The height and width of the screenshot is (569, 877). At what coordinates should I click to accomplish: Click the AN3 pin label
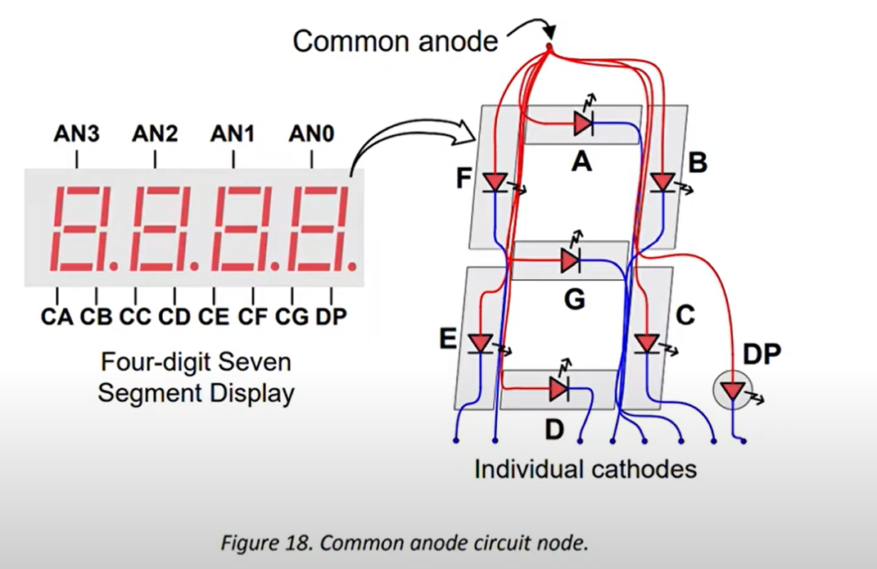(77, 133)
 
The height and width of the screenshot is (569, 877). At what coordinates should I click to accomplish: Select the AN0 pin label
(311, 133)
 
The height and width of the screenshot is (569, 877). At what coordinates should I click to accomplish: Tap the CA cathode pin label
(57, 315)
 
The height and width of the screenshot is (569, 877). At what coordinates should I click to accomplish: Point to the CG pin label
(292, 315)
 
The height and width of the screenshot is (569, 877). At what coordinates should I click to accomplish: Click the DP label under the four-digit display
(331, 315)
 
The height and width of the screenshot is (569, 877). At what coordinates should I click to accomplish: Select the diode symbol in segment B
(660, 181)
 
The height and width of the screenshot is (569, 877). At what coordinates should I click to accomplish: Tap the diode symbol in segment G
(572, 260)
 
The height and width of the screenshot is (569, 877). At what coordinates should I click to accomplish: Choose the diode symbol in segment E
(481, 342)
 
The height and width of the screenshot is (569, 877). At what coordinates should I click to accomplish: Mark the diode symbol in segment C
(647, 341)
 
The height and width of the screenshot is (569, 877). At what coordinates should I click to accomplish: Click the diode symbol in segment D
(559, 388)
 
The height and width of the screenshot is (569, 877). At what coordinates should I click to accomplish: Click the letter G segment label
(575, 300)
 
